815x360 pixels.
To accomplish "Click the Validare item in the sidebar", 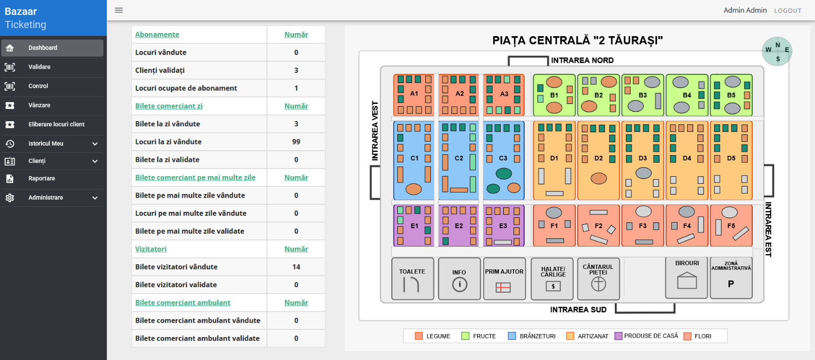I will coord(39,67).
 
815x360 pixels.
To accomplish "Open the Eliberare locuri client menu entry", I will coord(56,124).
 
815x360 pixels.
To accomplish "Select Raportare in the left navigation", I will coord(41,179).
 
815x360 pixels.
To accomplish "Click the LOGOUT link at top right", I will coord(787,11).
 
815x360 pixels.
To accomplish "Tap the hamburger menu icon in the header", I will coord(119,10).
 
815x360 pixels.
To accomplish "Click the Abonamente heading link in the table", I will coord(157,35).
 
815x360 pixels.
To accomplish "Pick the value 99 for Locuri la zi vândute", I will coord(296,142).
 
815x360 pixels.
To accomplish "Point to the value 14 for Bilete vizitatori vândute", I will coord(296,267).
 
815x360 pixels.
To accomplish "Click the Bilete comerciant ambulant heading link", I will coord(182,302).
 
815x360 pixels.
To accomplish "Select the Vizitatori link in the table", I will coord(151,249).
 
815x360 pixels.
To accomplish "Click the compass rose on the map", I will coord(777,51).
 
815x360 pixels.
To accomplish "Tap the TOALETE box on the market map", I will coord(413,279).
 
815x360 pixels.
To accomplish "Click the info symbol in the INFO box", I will coord(459,284).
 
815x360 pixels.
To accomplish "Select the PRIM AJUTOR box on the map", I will coord(504,279).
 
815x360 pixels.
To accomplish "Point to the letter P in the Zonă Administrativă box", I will coord(731,284).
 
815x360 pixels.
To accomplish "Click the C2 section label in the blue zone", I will coord(459,158).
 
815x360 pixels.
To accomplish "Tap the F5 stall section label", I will coord(731,226).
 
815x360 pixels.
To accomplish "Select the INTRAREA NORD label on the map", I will coord(582,60).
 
